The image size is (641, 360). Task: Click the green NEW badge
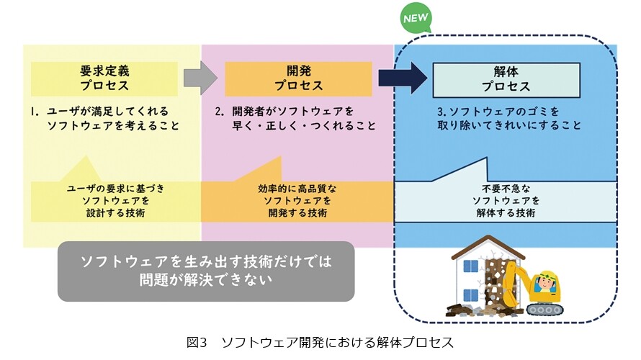(416, 18)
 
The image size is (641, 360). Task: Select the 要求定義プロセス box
(104, 79)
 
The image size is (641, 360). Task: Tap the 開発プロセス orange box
(298, 79)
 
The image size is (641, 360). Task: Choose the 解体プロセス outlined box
(506, 80)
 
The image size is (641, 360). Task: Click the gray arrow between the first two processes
(200, 78)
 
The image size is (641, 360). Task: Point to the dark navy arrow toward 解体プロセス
(403, 78)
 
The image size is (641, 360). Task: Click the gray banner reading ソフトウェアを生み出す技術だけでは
(206, 271)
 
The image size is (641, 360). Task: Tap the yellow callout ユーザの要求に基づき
(116, 200)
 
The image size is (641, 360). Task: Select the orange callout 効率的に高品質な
(297, 200)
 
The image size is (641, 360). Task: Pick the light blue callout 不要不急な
(506, 200)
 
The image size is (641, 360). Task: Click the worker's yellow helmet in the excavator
(547, 276)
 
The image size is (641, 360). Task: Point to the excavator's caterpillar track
(544, 309)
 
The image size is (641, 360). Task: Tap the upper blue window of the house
(470, 266)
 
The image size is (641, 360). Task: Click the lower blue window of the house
(470, 295)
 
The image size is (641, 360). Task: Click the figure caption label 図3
(197, 342)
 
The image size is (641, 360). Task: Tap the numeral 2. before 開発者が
(220, 111)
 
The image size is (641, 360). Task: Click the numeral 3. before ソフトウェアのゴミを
(441, 111)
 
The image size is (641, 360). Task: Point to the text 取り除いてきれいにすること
(509, 125)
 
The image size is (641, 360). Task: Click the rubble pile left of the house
(459, 310)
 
